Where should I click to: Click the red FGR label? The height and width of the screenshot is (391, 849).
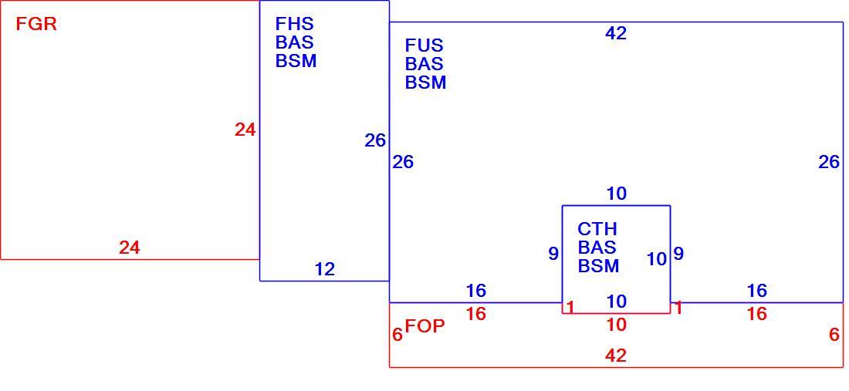(x=36, y=25)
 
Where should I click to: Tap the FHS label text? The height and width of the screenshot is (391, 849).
(x=295, y=23)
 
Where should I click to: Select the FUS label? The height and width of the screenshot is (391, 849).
(x=424, y=45)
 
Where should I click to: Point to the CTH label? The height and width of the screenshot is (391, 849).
(x=597, y=229)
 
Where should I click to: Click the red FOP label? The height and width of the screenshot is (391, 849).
(x=425, y=326)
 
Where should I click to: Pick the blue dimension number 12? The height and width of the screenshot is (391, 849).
(x=325, y=269)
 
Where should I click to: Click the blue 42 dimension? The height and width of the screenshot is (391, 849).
(x=616, y=33)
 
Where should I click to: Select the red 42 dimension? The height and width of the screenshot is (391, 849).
(x=616, y=356)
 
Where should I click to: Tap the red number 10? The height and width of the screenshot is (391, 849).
(x=617, y=325)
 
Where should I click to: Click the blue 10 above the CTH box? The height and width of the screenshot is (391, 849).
(x=617, y=194)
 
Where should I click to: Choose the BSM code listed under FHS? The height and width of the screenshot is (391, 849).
(x=296, y=61)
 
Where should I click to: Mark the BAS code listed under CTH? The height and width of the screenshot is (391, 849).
(x=597, y=247)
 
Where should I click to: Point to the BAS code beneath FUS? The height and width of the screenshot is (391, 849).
(x=424, y=64)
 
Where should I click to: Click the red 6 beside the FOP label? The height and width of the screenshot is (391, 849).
(x=397, y=335)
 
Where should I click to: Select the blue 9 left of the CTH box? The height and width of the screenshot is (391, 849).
(x=553, y=254)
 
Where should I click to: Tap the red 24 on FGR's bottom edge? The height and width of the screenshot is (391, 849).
(x=130, y=248)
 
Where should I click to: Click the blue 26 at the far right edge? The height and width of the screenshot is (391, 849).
(x=829, y=162)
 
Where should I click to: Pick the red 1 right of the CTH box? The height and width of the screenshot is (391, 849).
(x=678, y=308)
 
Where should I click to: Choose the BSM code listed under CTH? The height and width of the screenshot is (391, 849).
(x=598, y=266)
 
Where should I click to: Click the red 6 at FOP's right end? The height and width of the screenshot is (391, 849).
(x=834, y=335)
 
